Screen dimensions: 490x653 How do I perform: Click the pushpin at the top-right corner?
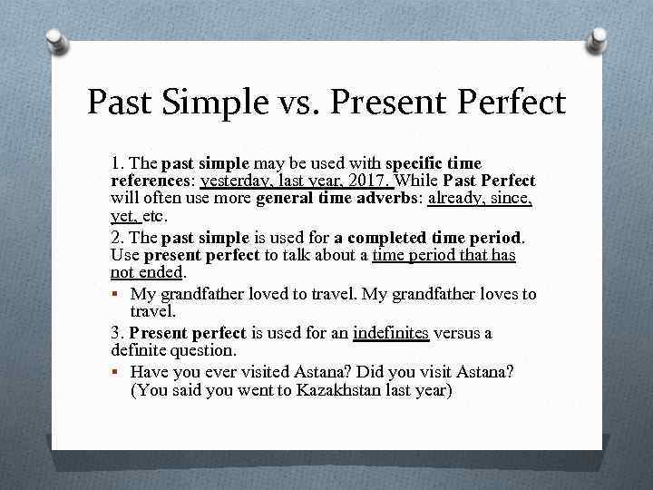pos(597,39)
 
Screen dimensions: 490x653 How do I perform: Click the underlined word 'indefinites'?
pos(391,333)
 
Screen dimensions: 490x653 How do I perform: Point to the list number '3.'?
pos(116,333)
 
